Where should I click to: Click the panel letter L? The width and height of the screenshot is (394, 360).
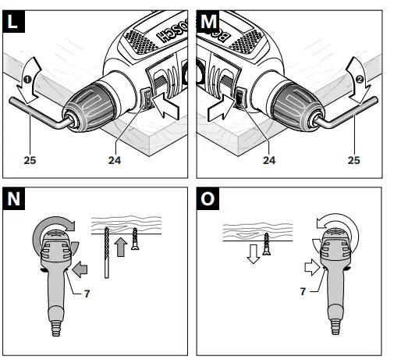(13, 21)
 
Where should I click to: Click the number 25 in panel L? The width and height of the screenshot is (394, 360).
(29, 162)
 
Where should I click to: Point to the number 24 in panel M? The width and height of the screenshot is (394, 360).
(269, 162)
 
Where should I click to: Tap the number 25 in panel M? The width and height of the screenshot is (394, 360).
(354, 162)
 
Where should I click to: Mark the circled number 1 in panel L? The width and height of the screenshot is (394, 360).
(25, 78)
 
